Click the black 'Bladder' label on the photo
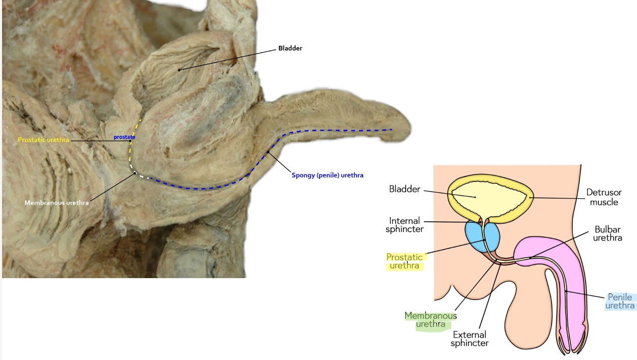pos(290,48)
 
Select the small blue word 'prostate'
pos(124,137)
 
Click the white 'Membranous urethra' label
pos(56,203)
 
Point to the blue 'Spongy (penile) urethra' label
pos(327,175)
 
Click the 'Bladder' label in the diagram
pos(404,189)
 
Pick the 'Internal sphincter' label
pos(404,225)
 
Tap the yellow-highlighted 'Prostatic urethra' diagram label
pos(404,261)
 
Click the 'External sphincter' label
pos(470,339)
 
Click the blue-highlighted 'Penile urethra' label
pos(620,302)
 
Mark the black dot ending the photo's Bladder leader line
pos(179,69)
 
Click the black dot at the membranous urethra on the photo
pos(135,173)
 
